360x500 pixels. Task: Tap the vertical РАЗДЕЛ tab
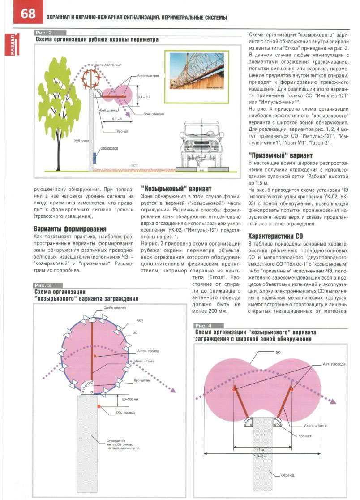8,45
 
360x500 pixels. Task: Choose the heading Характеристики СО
276,236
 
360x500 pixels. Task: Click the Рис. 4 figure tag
204,325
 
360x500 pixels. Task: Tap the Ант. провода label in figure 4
334,364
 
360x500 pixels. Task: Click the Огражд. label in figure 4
287,475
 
